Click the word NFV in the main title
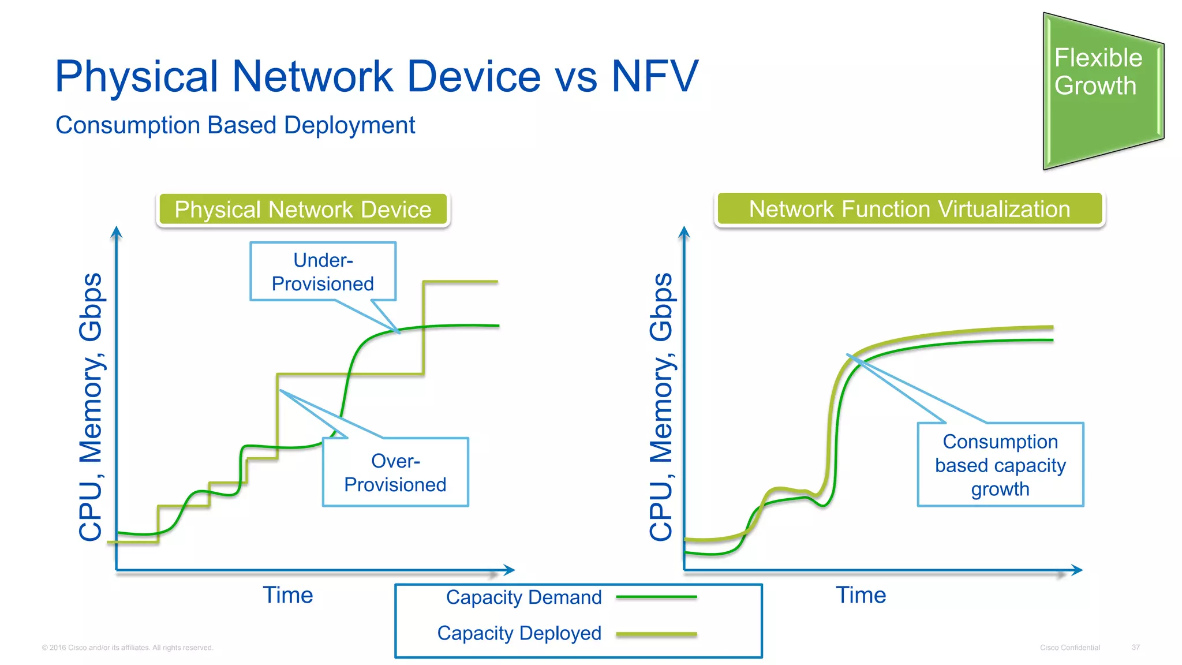(654, 76)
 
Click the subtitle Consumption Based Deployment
(235, 125)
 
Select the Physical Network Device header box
(303, 210)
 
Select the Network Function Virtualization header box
(909, 209)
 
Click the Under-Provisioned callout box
(323, 271)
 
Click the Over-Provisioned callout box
(395, 472)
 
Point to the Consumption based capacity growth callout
(1000, 465)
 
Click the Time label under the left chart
(288, 595)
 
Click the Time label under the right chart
(861, 595)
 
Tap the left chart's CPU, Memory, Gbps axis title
(91, 407)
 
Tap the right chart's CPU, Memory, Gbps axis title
(661, 407)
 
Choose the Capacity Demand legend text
(523, 597)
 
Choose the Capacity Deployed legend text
(519, 633)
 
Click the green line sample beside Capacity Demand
(656, 597)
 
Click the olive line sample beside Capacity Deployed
(656, 634)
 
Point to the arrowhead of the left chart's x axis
(509, 570)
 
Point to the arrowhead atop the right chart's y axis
(684, 232)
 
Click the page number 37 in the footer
(1135, 648)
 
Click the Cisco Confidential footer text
(1069, 648)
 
